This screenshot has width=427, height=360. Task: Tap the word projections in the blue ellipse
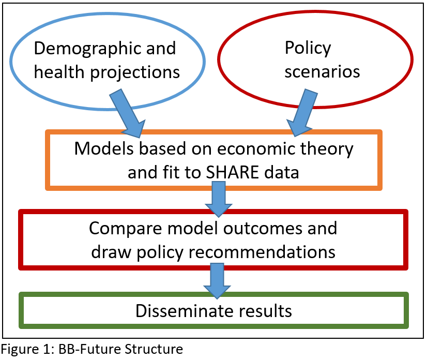click(x=135, y=72)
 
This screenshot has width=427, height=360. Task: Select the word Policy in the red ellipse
click(x=308, y=49)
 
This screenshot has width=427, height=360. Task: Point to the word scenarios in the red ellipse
click(x=322, y=72)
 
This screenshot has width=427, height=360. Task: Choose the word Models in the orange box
click(x=104, y=149)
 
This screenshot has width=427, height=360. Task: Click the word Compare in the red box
click(x=126, y=229)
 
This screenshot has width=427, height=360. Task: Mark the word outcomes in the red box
click(x=263, y=229)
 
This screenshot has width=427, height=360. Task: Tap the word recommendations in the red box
click(x=262, y=252)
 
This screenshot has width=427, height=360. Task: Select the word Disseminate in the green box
click(x=185, y=311)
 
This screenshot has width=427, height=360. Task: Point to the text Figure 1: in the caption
click(x=27, y=349)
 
